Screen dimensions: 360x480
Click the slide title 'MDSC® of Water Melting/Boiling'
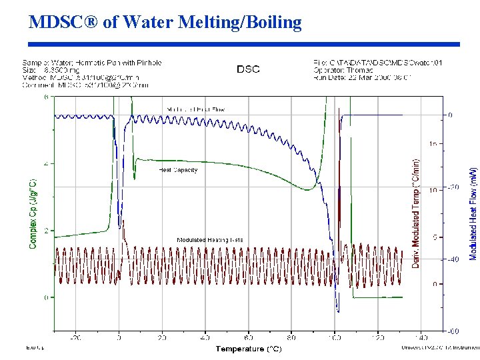[165, 22]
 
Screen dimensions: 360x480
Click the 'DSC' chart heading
[248, 69]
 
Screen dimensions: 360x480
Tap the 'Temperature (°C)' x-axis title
[248, 349]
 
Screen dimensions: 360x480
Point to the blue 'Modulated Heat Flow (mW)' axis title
[473, 213]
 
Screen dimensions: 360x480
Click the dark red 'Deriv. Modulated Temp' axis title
[416, 213]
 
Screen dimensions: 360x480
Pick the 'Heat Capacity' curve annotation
[178, 170]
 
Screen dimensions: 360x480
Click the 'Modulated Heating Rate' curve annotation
[210, 239]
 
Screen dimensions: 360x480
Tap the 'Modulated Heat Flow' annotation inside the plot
[195, 109]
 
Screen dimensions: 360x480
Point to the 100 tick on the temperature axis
[335, 338]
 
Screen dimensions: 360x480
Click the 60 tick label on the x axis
[249, 338]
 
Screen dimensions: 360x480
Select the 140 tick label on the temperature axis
[421, 338]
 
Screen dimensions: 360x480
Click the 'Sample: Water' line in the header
[91, 63]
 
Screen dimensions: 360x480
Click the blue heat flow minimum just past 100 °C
[338, 311]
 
